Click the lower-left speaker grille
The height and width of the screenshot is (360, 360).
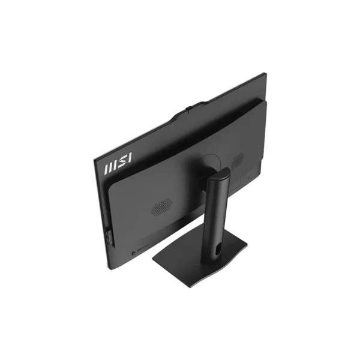162,207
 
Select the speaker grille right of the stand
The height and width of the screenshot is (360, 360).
237,160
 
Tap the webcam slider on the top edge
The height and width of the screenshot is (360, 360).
188,108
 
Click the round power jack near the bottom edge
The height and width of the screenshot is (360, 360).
133,254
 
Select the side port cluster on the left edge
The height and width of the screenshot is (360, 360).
110,237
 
